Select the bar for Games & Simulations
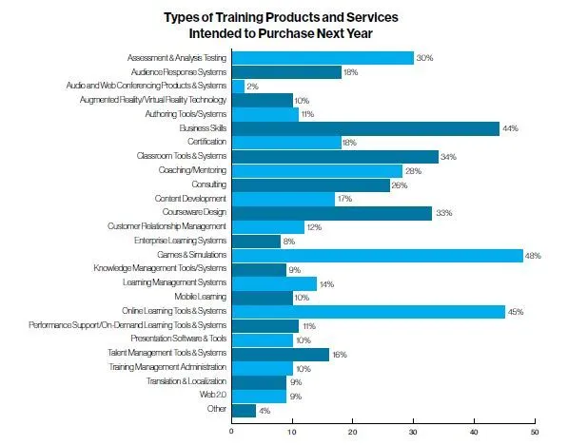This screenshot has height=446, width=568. point(377,255)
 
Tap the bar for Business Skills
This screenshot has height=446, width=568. point(365,128)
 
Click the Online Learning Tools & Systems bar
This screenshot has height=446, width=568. point(368,311)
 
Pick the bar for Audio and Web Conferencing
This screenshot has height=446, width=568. point(238,86)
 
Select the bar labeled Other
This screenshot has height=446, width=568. point(244,410)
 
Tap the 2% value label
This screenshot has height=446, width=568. point(253,86)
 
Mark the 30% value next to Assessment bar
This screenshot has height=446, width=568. point(423,58)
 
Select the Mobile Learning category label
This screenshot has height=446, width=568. point(201,297)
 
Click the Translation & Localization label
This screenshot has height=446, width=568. point(186,381)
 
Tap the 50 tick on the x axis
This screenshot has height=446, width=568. point(534,430)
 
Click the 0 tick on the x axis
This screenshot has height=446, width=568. point(232,430)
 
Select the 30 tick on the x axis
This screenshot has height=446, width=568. point(413,430)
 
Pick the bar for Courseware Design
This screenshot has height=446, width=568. point(332,213)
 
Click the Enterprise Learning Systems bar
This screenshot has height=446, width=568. point(256,241)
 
